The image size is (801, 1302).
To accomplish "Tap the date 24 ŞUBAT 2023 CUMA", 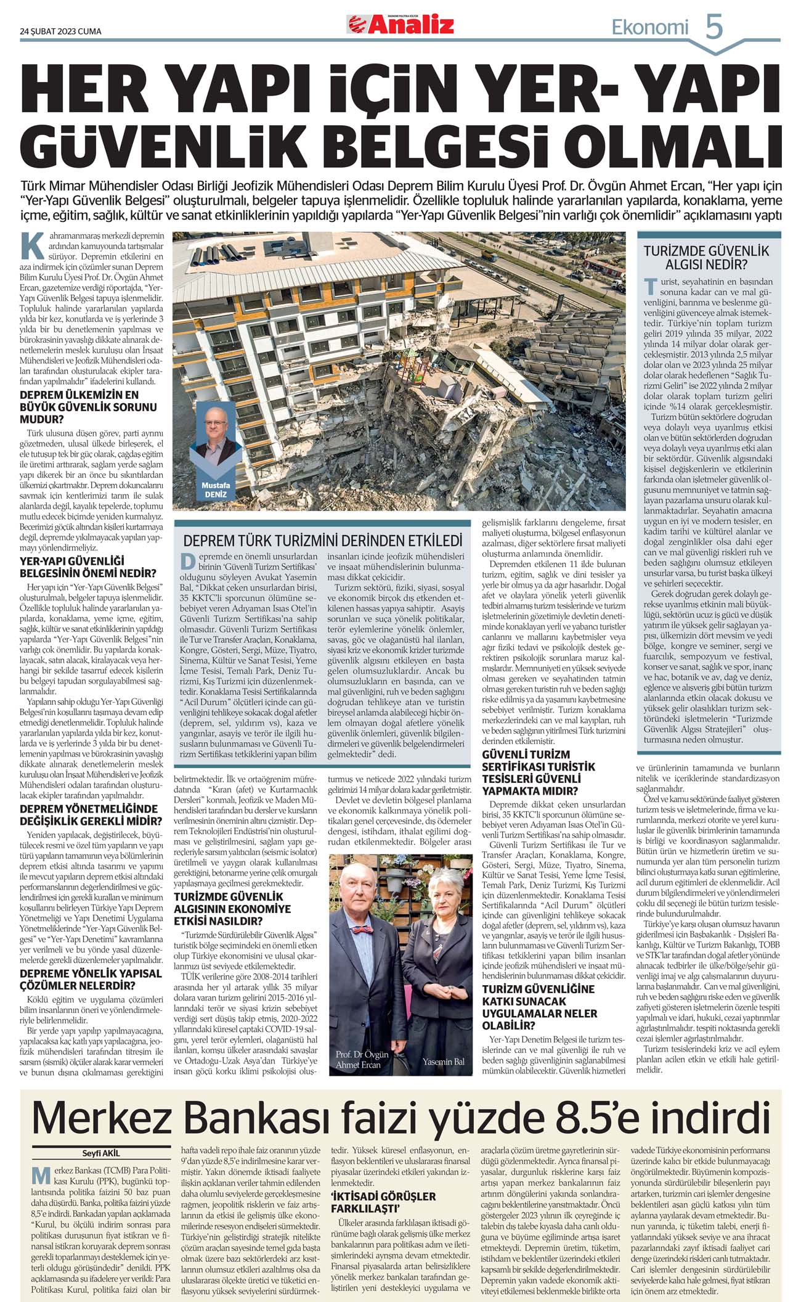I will pos(60,31).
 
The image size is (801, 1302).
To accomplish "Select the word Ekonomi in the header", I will pos(649,27).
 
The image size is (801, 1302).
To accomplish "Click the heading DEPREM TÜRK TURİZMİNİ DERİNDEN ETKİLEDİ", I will pos(323,541).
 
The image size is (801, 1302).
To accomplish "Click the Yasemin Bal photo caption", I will pos(444,1061).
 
